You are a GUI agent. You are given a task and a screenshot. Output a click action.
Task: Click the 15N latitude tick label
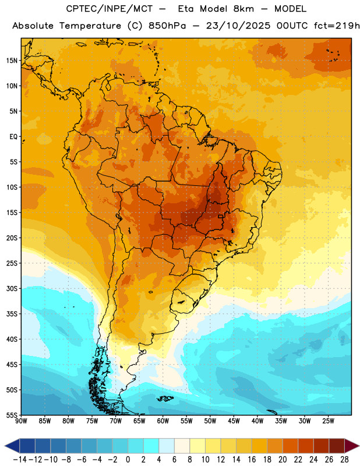pyautogui.click(x=12, y=61)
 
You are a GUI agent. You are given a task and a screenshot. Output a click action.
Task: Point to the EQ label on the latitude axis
pyautogui.click(x=13, y=137)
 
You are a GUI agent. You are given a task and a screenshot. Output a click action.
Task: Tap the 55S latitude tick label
pyautogui.click(x=12, y=415)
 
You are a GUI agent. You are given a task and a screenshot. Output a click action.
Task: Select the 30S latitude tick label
pyautogui.click(x=12, y=288)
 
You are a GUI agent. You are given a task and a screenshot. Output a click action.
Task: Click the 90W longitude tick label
pyautogui.click(x=21, y=421)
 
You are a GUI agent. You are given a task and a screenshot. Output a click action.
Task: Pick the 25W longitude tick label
pyautogui.click(x=328, y=421)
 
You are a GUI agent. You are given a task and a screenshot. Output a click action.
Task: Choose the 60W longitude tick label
pyautogui.click(x=163, y=421)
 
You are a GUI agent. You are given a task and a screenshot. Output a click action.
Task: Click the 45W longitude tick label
pyautogui.click(x=234, y=421)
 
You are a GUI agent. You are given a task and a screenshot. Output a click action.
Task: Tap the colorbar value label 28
pyautogui.click(x=344, y=460)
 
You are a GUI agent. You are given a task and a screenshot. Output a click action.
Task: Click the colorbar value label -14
pyautogui.click(x=20, y=460)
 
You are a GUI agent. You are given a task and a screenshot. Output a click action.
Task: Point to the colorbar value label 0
pyautogui.click(x=128, y=460)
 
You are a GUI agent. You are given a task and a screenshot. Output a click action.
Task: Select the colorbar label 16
pyautogui.click(x=252, y=460)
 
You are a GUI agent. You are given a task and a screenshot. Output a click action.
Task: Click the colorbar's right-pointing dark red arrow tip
pyautogui.click(x=359, y=446)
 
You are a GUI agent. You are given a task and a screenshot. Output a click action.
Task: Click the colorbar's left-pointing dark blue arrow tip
pyautogui.click(x=5, y=446)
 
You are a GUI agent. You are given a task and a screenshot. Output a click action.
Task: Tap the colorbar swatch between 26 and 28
pyautogui.click(x=337, y=446)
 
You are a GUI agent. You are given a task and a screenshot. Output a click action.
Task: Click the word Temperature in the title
pyautogui.click(x=90, y=26)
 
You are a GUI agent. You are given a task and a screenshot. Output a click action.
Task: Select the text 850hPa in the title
pyautogui.click(x=167, y=26)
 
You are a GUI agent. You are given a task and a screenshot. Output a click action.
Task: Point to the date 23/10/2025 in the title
pyautogui.click(x=238, y=26)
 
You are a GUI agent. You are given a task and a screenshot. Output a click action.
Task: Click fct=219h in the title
pyautogui.click(x=337, y=26)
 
